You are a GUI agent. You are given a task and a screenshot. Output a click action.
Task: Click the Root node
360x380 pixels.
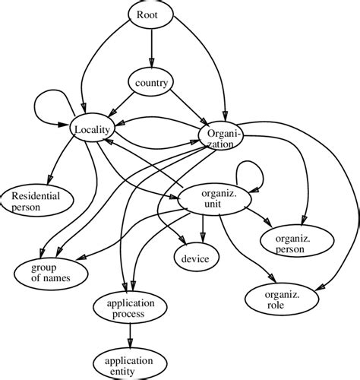(x=150, y=16)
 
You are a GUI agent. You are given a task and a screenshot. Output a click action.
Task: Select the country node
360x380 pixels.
(x=150, y=82)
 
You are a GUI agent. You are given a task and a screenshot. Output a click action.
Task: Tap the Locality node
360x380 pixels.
(x=93, y=130)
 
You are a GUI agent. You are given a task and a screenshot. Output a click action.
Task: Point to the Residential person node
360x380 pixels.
(x=37, y=200)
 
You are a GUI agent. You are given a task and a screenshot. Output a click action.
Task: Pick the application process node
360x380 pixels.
(x=130, y=309)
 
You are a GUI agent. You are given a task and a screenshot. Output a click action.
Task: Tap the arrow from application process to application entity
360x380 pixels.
(x=130, y=335)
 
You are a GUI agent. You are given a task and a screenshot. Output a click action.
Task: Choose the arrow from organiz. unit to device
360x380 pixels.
(x=202, y=228)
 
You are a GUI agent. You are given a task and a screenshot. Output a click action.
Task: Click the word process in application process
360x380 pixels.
(x=130, y=314)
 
